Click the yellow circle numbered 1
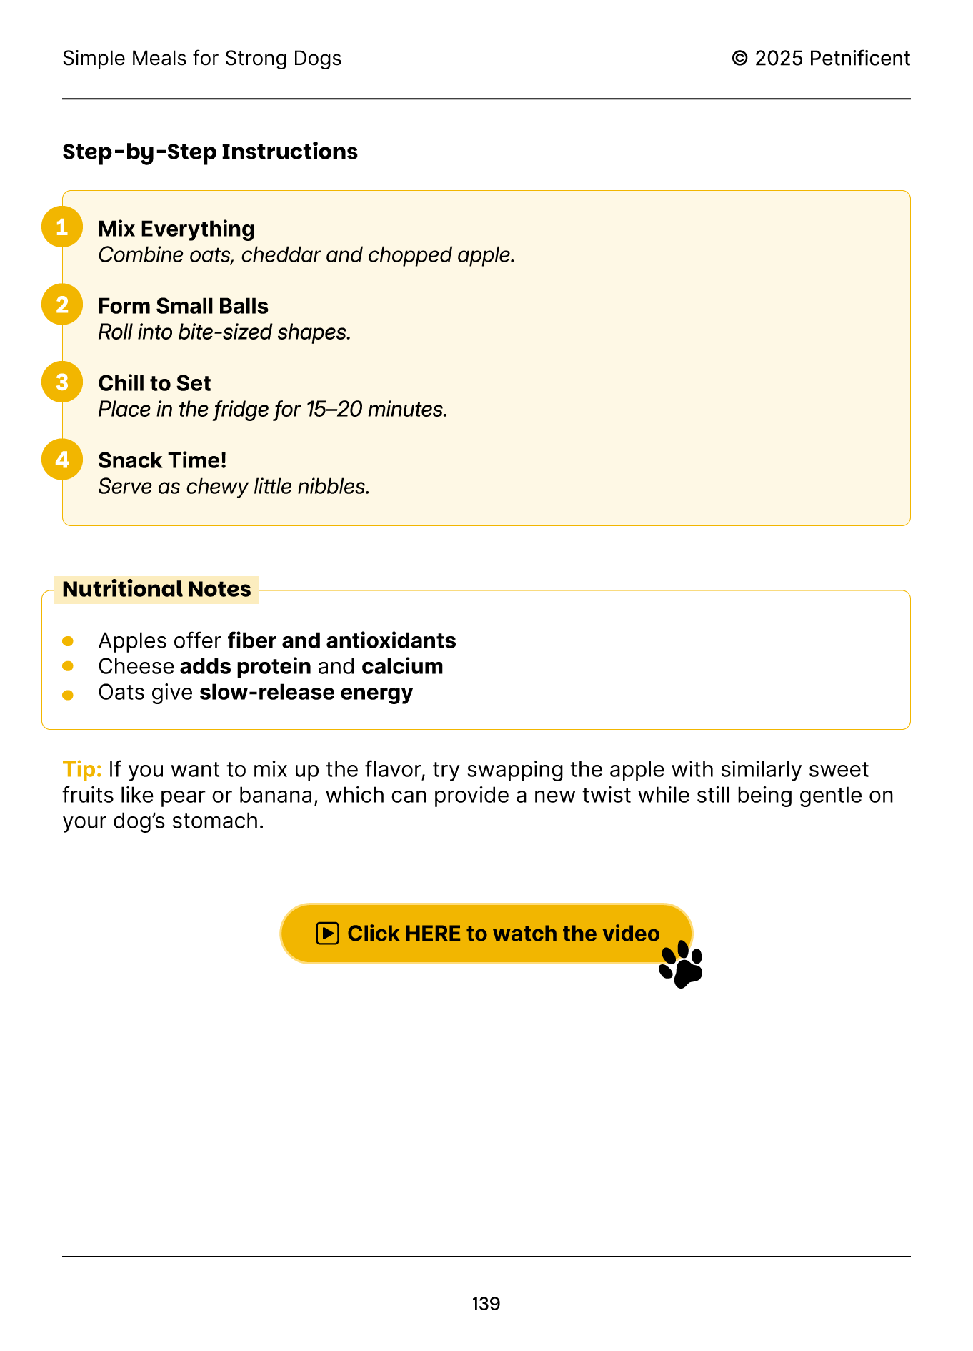tap(62, 227)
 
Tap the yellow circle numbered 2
tap(62, 305)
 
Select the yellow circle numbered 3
tap(62, 382)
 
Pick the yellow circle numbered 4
tap(62, 459)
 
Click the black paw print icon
tap(682, 965)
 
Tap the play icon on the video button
tap(327, 934)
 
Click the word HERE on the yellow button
tap(433, 934)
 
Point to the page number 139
tap(486, 1304)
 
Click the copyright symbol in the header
tap(740, 59)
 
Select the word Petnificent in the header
tap(859, 59)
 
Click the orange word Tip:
tap(82, 769)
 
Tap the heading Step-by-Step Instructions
tap(210, 152)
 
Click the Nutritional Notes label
tap(156, 589)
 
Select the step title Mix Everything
tap(176, 229)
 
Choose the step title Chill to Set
tap(154, 383)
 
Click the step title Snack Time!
tap(162, 460)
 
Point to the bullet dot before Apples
tap(68, 641)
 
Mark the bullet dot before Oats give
tap(68, 695)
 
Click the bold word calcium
tap(402, 666)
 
